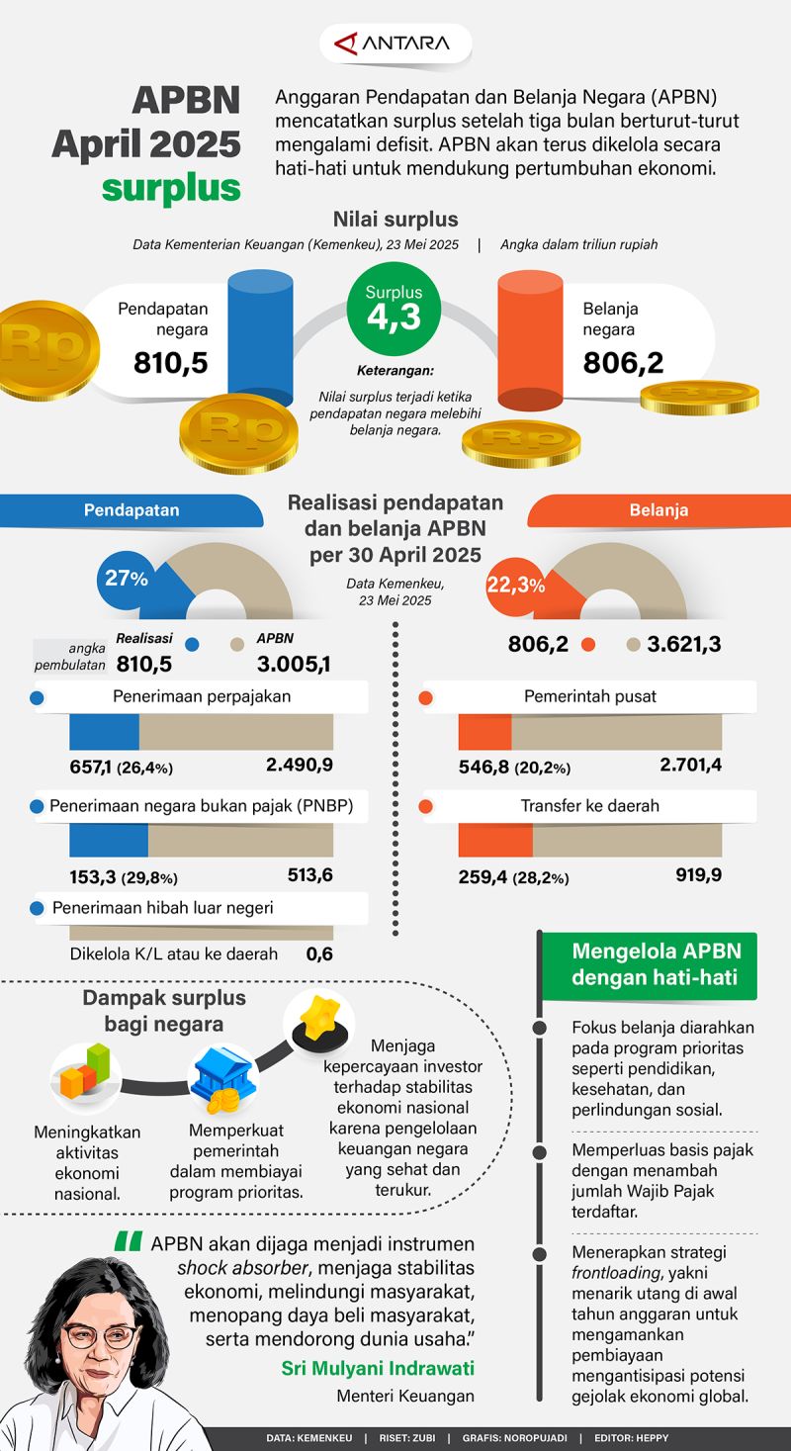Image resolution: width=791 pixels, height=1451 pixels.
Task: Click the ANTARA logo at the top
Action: tap(395, 44)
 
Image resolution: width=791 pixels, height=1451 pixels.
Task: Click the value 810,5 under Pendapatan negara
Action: tap(171, 363)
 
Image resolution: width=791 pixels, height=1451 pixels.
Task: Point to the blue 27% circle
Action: tap(126, 579)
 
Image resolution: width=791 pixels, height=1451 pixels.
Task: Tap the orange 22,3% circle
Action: tap(515, 586)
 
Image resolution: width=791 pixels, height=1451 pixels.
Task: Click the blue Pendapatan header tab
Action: tap(132, 510)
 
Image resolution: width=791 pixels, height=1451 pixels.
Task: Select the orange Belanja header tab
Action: tap(659, 510)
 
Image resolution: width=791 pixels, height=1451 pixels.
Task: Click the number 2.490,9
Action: tap(299, 765)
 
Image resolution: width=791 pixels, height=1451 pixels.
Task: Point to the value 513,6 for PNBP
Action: tap(306, 874)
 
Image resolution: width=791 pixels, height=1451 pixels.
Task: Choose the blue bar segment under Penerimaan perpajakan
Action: tap(104, 732)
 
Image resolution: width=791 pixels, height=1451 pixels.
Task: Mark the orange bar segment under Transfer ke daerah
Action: tap(495, 839)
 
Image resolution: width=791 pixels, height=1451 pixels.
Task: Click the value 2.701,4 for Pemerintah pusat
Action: tap(690, 765)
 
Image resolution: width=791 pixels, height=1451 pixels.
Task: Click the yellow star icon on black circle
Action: tap(318, 1019)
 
